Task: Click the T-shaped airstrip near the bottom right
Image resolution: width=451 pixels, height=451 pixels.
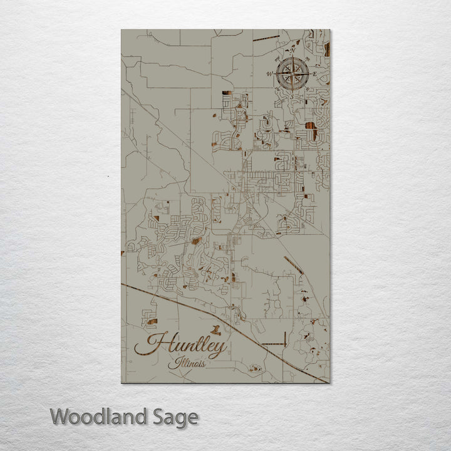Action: pos(274,343)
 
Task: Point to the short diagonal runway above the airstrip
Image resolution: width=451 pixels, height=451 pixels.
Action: pos(293,266)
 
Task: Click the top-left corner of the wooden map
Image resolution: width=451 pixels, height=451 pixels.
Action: pos(122,29)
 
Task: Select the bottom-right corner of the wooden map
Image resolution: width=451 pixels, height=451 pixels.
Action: pos(329,383)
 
